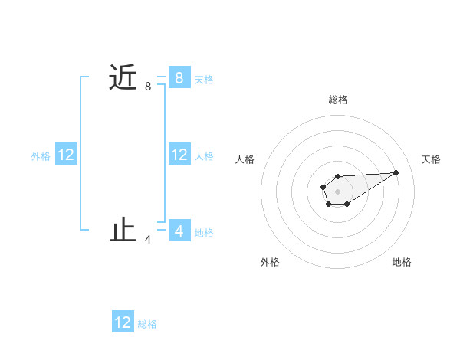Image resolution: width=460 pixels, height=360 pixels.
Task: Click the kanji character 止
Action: point(123,231)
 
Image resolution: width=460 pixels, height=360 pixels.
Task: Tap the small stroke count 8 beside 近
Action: point(148,87)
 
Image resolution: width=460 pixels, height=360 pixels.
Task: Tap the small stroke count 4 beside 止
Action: point(148,240)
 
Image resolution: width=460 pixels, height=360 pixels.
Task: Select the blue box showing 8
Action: point(179,77)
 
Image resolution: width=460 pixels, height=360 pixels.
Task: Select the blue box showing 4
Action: point(179,231)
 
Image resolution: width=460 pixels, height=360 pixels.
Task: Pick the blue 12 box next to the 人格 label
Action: point(179,155)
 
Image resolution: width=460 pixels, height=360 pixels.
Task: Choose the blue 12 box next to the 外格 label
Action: point(66,155)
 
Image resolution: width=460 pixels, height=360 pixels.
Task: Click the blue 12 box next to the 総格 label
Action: point(123,322)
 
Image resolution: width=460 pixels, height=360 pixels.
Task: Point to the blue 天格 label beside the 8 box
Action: point(204,79)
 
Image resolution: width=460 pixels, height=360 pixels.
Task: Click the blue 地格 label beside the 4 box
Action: point(204,232)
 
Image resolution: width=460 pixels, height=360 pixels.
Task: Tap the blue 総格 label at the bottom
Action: point(147,324)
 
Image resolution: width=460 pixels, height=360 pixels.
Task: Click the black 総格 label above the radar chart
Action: point(337,100)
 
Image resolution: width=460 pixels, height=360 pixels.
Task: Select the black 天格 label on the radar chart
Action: point(431,159)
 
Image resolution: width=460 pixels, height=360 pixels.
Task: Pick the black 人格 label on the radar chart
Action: point(245,159)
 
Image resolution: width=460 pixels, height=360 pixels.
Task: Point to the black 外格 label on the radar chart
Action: point(270,262)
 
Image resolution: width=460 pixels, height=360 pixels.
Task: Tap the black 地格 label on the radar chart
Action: point(402,262)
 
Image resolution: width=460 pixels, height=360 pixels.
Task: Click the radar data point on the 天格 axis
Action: point(396,172)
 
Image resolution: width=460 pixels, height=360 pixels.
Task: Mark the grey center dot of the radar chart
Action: point(337,191)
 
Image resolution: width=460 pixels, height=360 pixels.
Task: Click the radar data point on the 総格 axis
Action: point(337,176)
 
